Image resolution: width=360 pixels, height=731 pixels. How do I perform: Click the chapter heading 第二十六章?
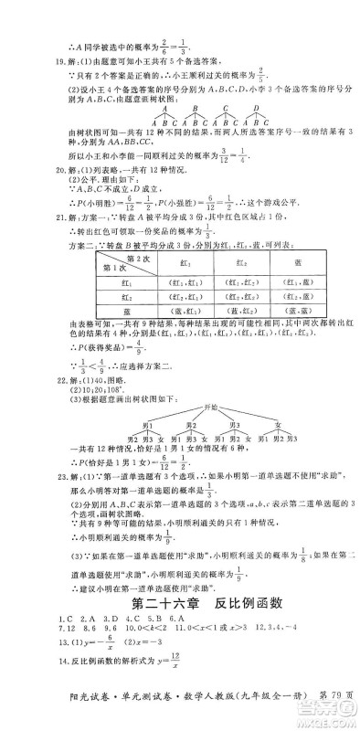160,602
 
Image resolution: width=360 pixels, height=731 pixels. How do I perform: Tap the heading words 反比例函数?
238,602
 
